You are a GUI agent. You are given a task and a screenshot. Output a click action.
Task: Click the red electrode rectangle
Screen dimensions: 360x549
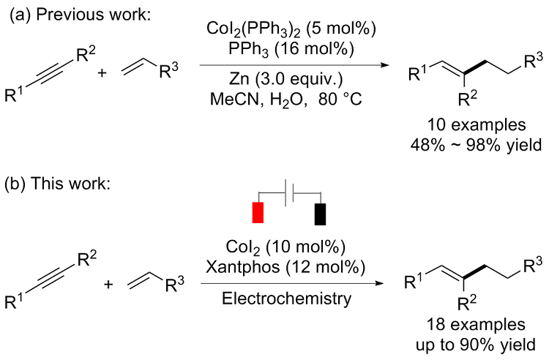pyautogui.click(x=258, y=213)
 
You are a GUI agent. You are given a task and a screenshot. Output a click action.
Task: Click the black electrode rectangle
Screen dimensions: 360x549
pyautogui.click(x=320, y=213)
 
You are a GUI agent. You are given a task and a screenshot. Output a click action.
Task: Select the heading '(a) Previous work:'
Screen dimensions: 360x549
pyautogui.click(x=78, y=15)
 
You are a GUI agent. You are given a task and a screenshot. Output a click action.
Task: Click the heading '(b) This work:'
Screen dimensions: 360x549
pyautogui.click(x=59, y=182)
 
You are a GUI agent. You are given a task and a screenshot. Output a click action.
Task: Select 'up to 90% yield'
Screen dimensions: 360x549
pyautogui.click(x=465, y=344)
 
